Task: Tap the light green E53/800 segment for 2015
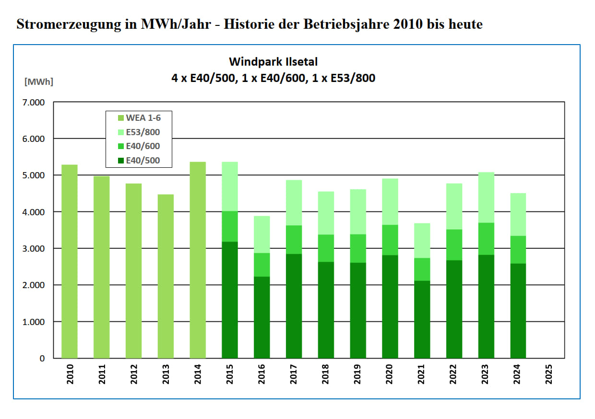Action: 230,186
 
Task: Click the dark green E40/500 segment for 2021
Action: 422,319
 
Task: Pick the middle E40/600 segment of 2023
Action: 486,239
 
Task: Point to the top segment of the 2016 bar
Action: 262,234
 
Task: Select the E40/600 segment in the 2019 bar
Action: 358,248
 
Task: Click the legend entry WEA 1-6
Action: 142,118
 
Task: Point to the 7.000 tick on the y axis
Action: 33,103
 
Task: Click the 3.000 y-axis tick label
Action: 33,249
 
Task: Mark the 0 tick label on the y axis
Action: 42,359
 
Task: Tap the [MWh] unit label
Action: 39,81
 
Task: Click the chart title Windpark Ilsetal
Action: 273,61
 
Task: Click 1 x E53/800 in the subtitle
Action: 345,78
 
